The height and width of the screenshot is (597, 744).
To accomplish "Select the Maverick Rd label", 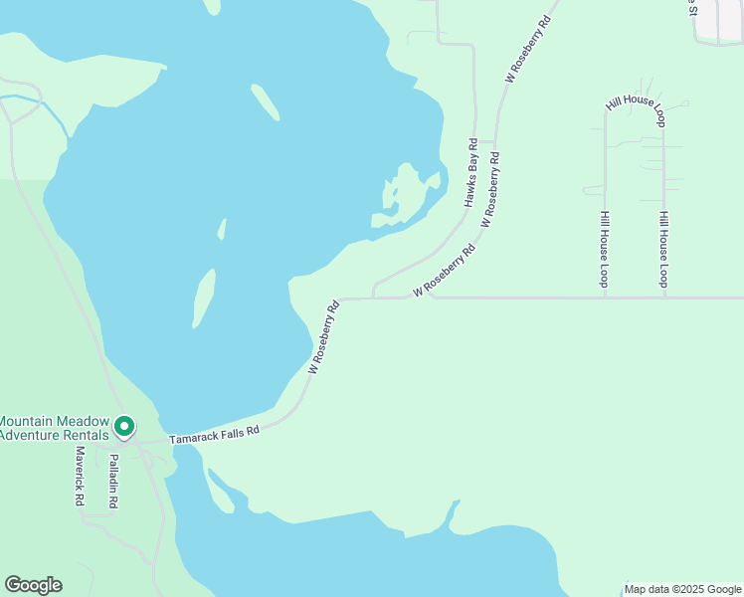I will pyautogui.click(x=79, y=477).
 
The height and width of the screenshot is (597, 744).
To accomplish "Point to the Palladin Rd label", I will pyautogui.click(x=113, y=483).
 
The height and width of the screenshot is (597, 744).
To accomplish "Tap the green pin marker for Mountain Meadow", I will pyautogui.click(x=124, y=427).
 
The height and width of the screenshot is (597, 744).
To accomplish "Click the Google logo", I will pyautogui.click(x=33, y=585).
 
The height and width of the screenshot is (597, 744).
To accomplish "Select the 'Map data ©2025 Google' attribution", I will pyautogui.click(x=683, y=589).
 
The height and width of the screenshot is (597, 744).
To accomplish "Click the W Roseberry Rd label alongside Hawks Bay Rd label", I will pyautogui.click(x=490, y=189).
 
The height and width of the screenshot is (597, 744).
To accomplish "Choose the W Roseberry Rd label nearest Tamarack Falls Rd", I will pyautogui.click(x=324, y=336).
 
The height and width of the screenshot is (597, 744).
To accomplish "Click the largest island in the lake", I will pyautogui.click(x=204, y=297).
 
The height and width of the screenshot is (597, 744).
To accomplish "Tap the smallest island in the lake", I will pyautogui.click(x=222, y=229).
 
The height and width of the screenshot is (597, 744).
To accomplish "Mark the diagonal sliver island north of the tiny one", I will pyautogui.click(x=264, y=101).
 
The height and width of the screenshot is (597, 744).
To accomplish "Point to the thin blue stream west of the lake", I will pyautogui.click(x=45, y=107).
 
